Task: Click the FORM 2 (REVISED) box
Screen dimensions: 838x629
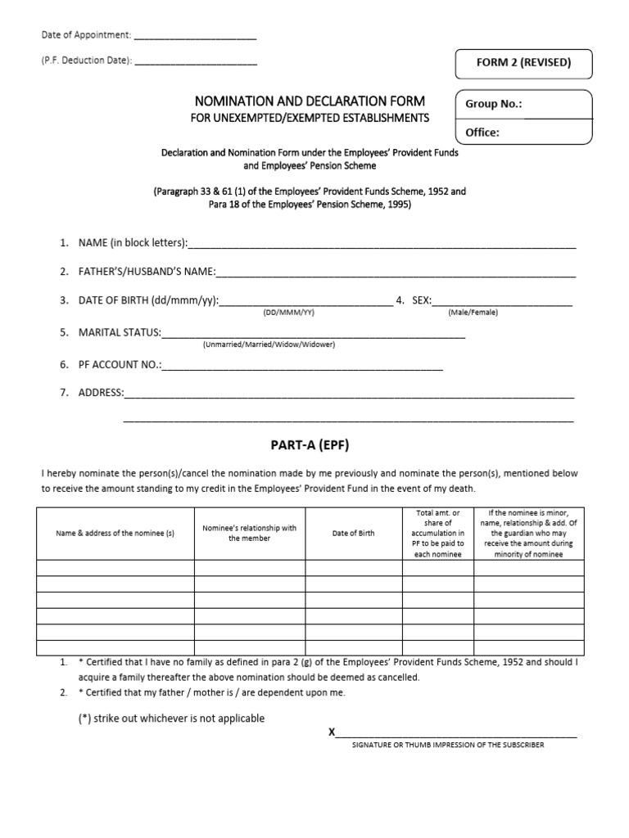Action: [523, 63]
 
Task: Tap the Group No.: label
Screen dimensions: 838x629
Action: [493, 104]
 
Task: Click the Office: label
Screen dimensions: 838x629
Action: [482, 132]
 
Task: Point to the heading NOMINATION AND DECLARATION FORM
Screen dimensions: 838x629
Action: [310, 101]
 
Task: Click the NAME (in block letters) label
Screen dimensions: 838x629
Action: [133, 243]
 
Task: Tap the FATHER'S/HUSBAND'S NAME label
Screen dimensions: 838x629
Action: [147, 272]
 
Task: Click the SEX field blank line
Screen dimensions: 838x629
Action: [502, 300]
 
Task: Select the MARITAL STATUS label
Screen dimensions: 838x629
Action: [120, 332]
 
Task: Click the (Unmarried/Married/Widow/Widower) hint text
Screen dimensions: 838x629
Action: [269, 345]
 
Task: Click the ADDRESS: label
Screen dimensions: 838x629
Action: [101, 393]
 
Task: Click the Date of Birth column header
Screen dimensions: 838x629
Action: [353, 533]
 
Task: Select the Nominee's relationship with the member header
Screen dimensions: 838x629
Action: [249, 533]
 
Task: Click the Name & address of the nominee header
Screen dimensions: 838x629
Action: [115, 533]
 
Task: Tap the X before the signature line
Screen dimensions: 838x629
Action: [332, 732]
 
